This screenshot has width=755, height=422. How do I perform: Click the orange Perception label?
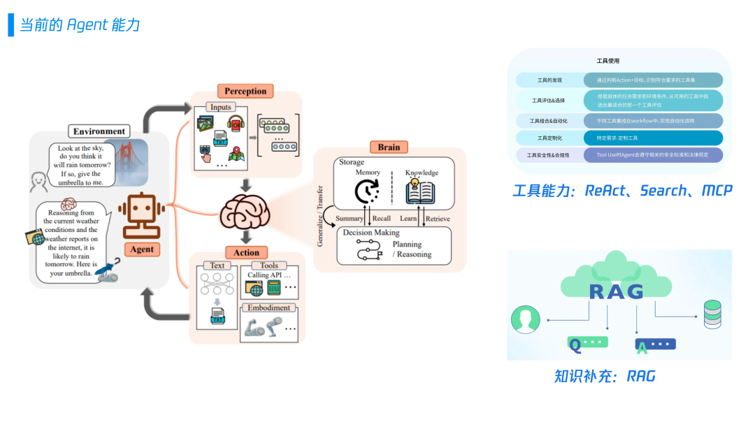click(245, 91)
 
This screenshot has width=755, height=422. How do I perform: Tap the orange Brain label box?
click(389, 147)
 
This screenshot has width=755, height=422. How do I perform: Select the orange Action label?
click(245, 252)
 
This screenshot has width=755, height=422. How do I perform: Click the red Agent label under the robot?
click(142, 249)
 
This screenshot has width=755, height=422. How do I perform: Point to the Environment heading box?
click(99, 131)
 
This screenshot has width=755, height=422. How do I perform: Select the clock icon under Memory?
click(367, 191)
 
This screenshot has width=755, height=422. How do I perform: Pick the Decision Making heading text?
click(371, 233)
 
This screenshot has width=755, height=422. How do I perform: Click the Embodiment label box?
click(268, 307)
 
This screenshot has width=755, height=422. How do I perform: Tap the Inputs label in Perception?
click(221, 107)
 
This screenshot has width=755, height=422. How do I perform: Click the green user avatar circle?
click(525, 319)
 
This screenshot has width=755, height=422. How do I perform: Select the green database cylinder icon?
click(712, 314)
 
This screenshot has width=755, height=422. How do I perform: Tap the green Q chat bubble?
click(587, 343)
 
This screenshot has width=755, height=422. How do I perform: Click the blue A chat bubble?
click(655, 344)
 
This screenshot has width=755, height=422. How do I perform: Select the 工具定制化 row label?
click(549, 138)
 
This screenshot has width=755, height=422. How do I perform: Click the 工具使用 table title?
click(607, 61)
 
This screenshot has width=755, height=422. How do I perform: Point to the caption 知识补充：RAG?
click(605, 377)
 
